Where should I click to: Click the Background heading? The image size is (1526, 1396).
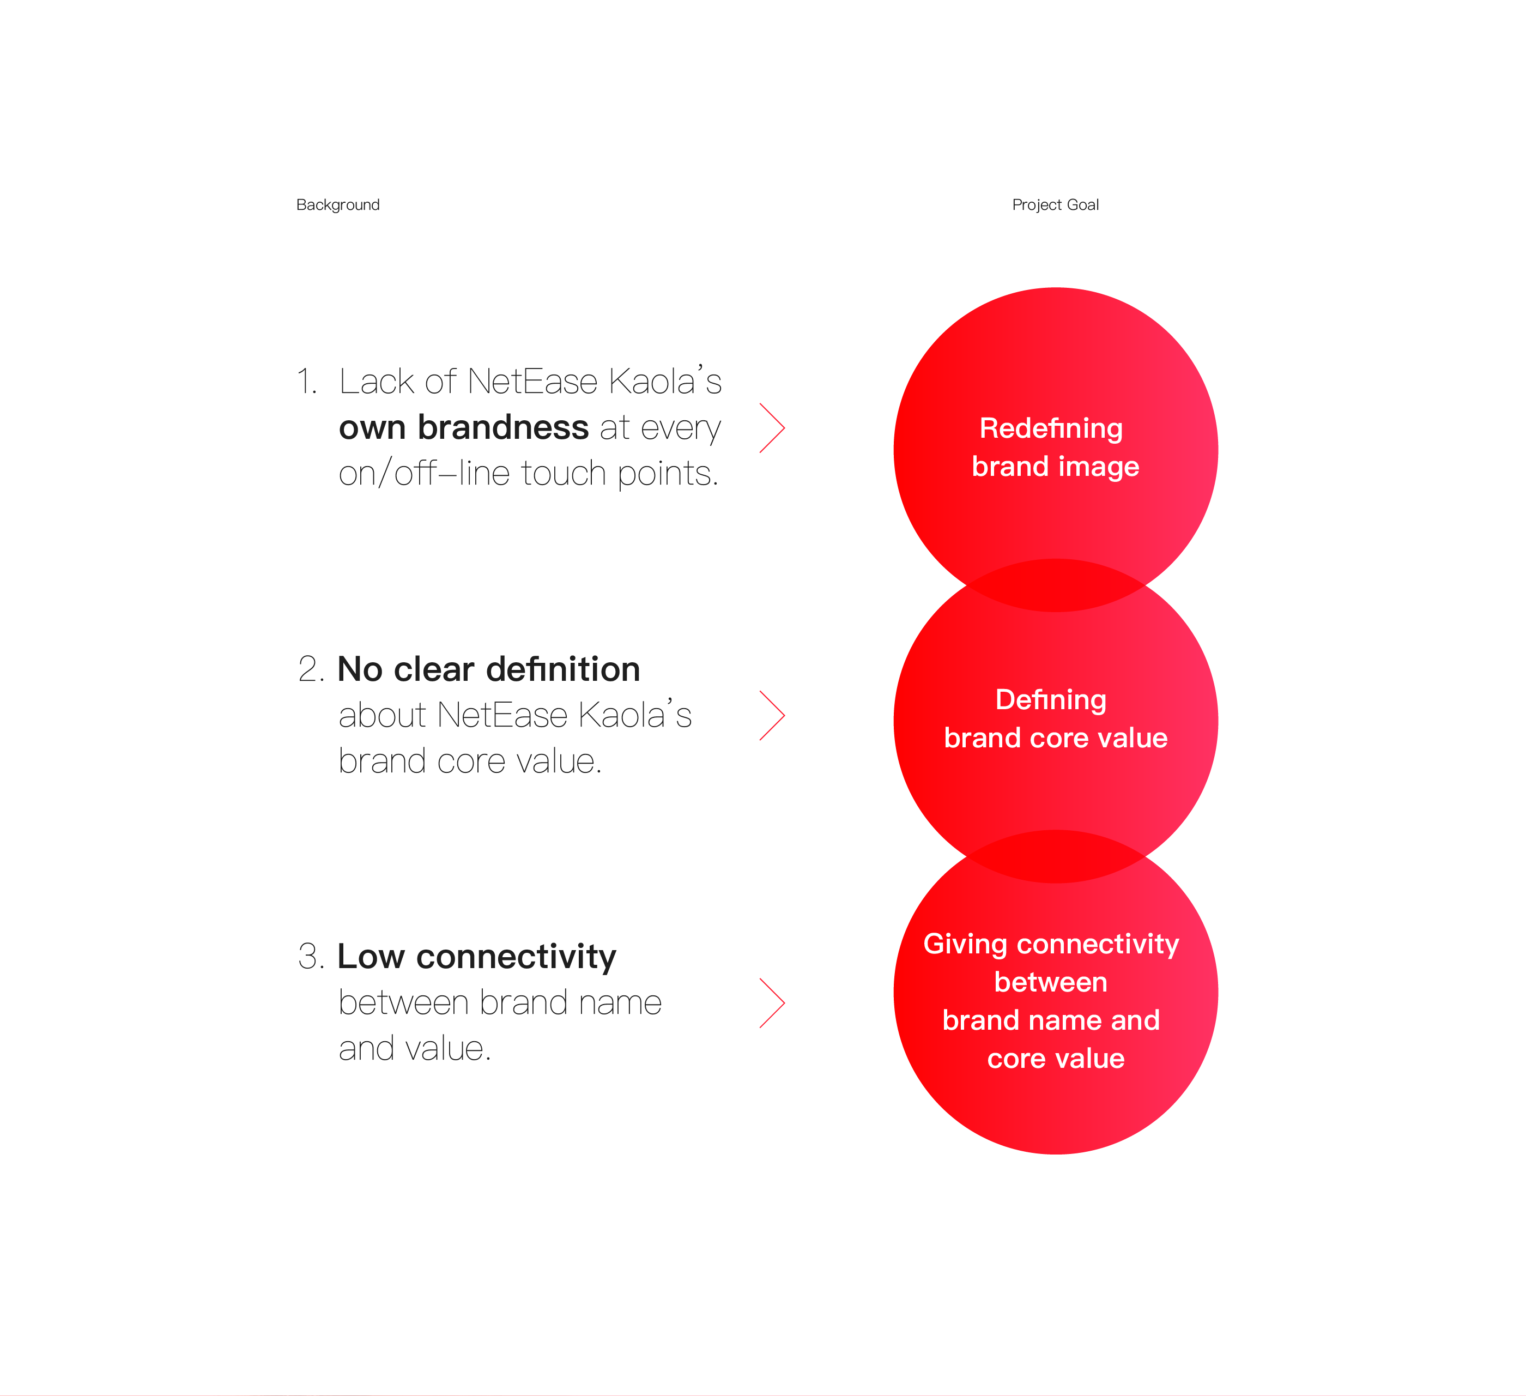(x=337, y=205)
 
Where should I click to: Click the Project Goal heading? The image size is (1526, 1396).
(x=1055, y=205)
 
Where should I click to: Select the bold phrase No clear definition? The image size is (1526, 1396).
(x=489, y=669)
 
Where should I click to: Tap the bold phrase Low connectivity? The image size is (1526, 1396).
(x=477, y=957)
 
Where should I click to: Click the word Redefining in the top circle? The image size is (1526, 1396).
(x=1051, y=428)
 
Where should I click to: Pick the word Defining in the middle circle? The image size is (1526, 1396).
(x=1051, y=699)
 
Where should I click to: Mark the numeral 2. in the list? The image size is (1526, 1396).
(x=311, y=669)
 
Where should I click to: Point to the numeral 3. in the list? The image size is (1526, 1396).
(x=311, y=957)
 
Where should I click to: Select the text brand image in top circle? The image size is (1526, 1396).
(x=1055, y=467)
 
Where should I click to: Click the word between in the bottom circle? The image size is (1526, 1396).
(x=1051, y=982)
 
